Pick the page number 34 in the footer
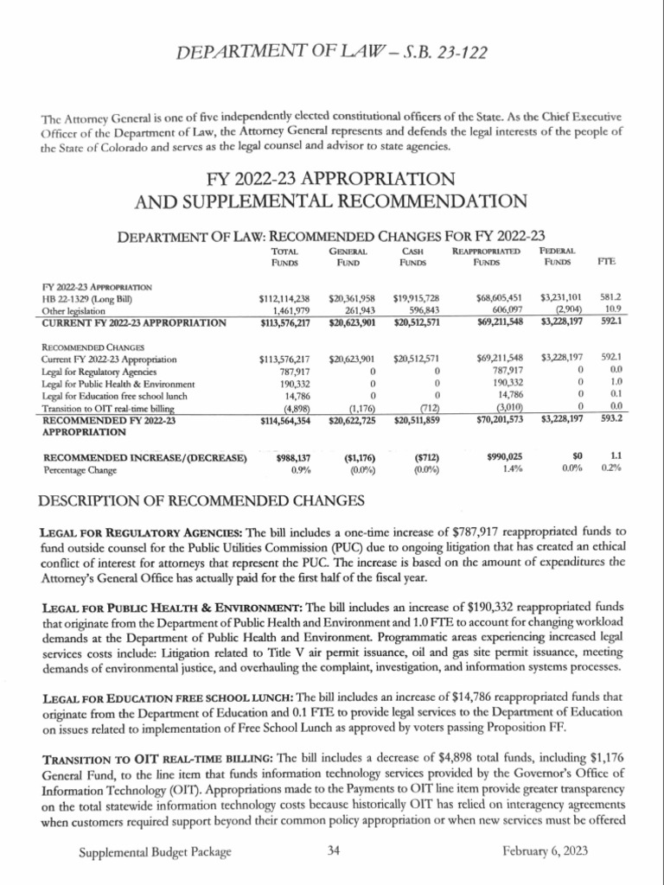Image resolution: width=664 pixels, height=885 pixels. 334,851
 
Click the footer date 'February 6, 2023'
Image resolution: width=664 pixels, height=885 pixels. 545,851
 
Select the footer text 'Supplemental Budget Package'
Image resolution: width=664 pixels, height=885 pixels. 155,851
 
